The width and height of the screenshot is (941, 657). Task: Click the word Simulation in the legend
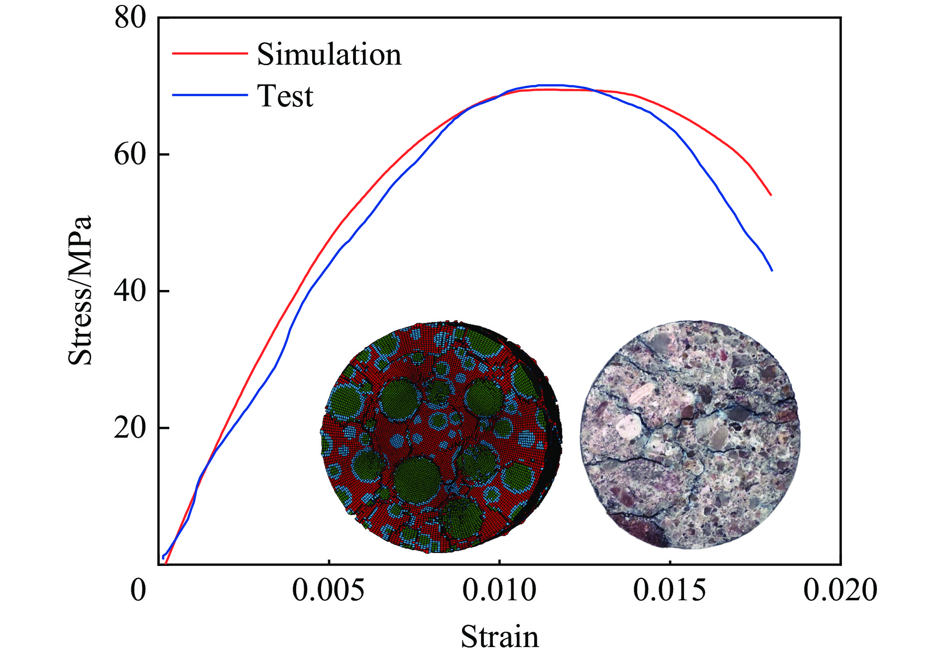329,54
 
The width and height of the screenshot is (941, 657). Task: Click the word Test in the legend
285,96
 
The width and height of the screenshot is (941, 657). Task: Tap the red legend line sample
210,53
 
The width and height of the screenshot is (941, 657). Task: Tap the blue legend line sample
210,94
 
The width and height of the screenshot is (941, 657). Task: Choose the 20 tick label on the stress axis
130,428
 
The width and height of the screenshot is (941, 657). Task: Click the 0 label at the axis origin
138,590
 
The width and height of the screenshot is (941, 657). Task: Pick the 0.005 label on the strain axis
328,590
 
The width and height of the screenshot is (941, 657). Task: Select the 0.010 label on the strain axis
499,590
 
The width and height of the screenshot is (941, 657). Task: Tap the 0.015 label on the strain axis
670,590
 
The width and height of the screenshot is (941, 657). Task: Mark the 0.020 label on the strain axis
840,590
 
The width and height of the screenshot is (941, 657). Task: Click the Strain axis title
499,637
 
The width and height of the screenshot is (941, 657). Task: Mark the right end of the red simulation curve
771,195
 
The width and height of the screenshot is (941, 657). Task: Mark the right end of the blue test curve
772,271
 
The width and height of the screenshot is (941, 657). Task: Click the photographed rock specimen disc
690,435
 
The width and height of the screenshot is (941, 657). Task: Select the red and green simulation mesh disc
441,437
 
